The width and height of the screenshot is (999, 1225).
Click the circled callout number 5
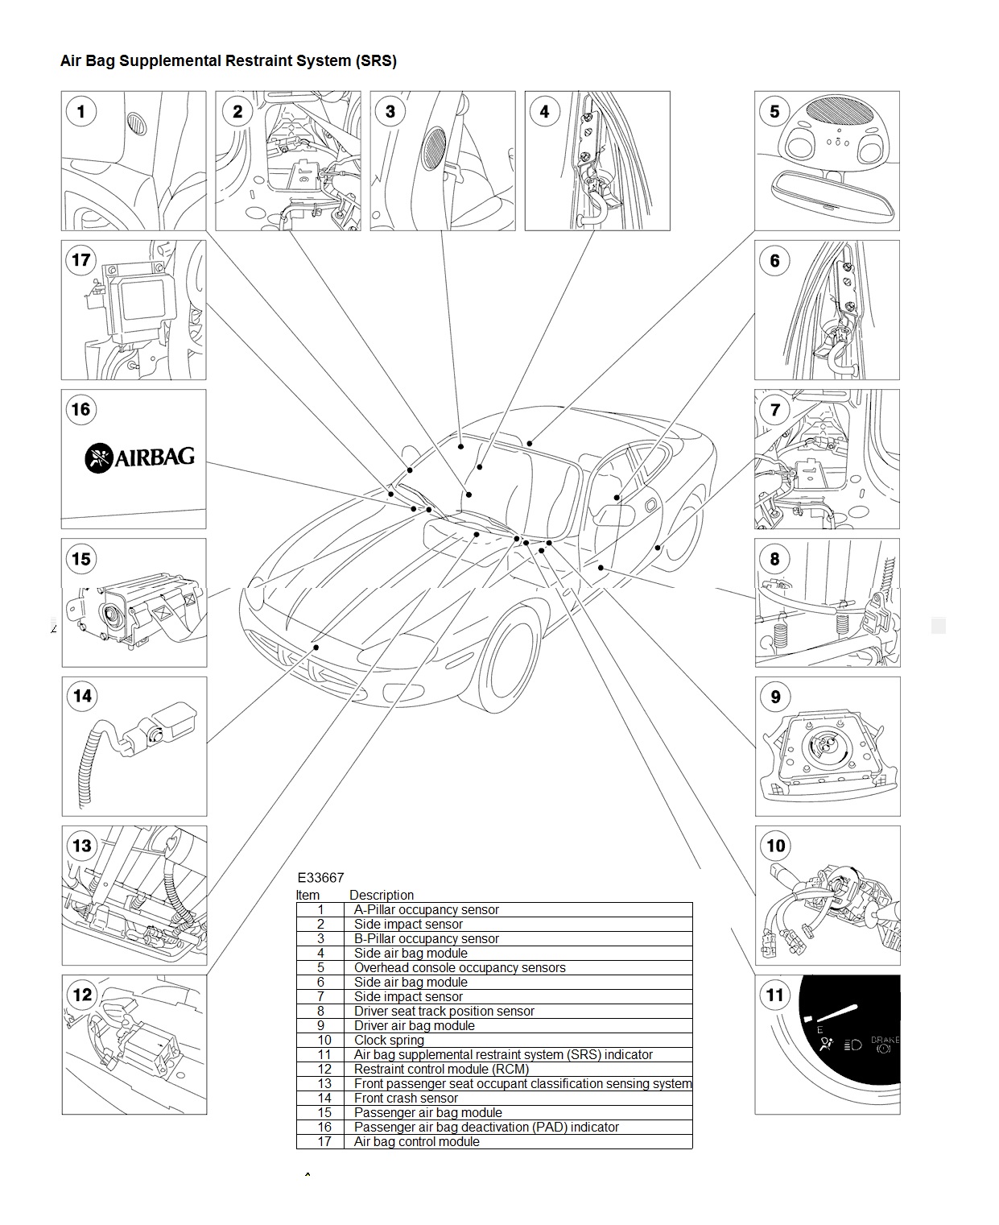tap(774, 111)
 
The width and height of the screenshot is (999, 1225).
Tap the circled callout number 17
tap(80, 259)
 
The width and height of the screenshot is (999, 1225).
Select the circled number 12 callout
tap(82, 995)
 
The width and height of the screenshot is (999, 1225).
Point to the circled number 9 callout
tap(775, 697)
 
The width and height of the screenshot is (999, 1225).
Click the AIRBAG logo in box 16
tap(139, 457)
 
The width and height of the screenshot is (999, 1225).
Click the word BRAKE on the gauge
tap(885, 1039)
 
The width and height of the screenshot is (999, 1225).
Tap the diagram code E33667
tap(320, 877)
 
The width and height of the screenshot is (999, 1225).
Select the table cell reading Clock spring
tap(389, 1040)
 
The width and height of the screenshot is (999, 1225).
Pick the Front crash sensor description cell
tap(406, 1098)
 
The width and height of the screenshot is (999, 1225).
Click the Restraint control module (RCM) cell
tap(441, 1069)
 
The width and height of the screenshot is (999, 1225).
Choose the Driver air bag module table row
tap(494, 1025)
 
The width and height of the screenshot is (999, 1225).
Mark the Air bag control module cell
tap(417, 1141)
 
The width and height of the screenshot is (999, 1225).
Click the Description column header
tap(382, 895)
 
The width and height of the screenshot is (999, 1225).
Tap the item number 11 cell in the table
tap(324, 1054)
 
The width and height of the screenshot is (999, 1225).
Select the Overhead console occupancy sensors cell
tap(460, 967)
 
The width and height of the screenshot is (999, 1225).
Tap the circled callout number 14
tap(82, 696)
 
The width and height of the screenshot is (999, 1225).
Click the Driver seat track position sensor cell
tap(444, 1011)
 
